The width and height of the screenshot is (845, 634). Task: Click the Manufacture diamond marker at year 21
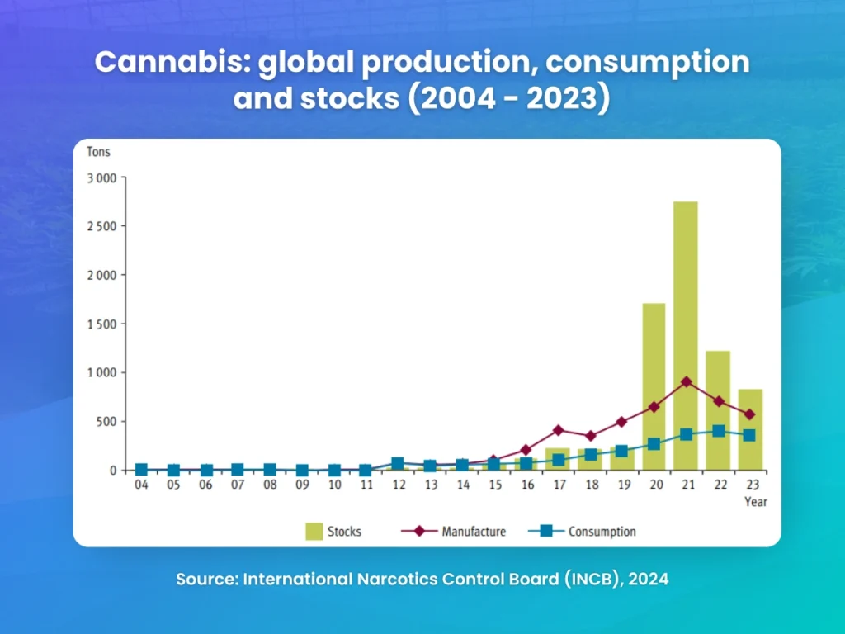[x=686, y=382]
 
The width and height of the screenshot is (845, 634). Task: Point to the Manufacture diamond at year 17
[x=558, y=430]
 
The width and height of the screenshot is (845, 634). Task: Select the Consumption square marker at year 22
[x=718, y=431]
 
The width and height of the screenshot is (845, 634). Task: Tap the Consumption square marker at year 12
[x=398, y=464]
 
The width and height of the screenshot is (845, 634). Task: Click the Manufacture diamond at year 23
[x=750, y=414]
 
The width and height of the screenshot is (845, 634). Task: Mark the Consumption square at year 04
[x=141, y=470]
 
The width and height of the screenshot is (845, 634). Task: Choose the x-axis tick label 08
[x=269, y=485]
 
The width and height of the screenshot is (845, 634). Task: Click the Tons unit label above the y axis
[x=98, y=153]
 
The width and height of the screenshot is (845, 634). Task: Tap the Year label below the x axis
[x=755, y=502]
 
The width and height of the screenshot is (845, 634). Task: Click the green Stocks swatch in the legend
[x=314, y=531]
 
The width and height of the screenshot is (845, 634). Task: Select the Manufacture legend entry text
[x=474, y=532]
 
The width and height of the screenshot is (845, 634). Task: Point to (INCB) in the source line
[x=593, y=580]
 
